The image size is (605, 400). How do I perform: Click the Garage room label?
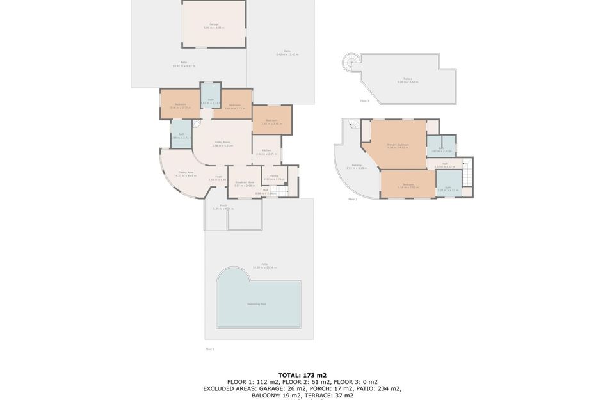[x=214, y=24]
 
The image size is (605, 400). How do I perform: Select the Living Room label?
[x=222, y=142]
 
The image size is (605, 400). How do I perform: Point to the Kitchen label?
[x=264, y=151]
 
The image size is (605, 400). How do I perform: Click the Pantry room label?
[x=273, y=176]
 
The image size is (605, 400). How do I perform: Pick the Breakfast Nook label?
[x=244, y=182]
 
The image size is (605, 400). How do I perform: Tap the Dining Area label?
[x=186, y=172]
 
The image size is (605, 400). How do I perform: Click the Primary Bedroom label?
[x=398, y=145]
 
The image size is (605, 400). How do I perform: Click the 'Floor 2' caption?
[x=352, y=199]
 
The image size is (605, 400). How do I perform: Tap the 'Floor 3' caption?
[x=364, y=101]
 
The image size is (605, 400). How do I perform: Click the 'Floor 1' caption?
[x=209, y=349]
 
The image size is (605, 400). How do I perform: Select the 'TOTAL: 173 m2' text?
[x=302, y=374]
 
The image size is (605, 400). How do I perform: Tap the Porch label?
[x=223, y=207]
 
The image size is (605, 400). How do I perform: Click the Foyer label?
[x=218, y=177]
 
